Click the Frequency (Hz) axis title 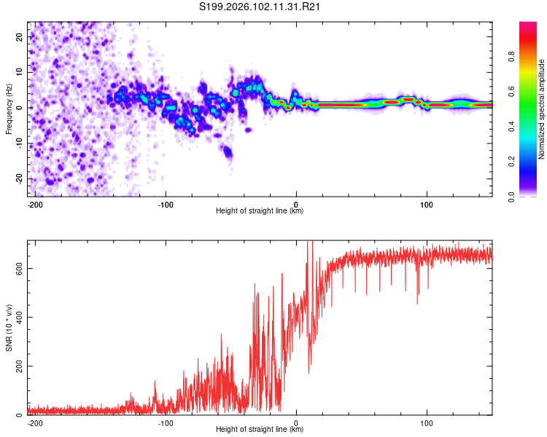(9, 109)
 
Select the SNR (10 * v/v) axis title (9, 327)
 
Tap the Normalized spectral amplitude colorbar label (540, 109)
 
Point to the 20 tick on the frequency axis (20, 36)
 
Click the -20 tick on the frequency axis (18, 178)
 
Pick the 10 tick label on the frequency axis (20, 72)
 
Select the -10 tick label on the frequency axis (18, 143)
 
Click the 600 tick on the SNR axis (18, 268)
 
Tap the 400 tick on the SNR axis (18, 317)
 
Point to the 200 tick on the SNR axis (18, 366)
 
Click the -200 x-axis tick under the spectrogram (34, 203)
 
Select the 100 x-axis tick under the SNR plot (427, 422)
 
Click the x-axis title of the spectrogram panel (260, 211)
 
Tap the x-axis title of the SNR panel (260, 430)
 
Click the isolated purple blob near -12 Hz (228, 151)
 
